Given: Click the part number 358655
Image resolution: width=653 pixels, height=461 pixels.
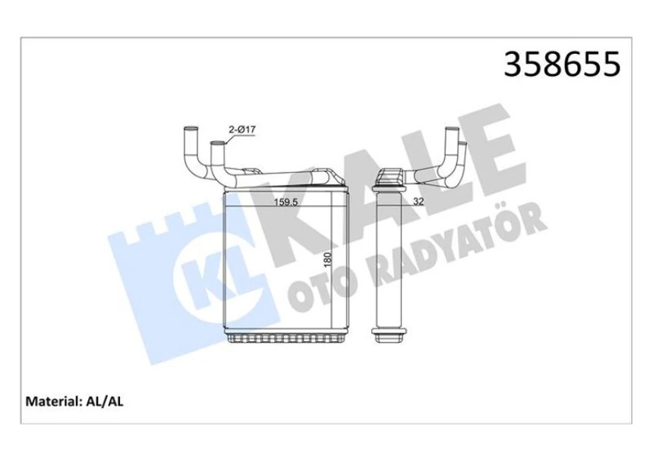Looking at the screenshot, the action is pyautogui.click(x=562, y=64).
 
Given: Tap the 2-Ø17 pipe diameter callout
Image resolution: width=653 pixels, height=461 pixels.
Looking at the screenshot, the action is pyautogui.click(x=242, y=130).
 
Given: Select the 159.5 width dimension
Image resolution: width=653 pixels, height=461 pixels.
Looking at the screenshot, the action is pyautogui.click(x=285, y=202).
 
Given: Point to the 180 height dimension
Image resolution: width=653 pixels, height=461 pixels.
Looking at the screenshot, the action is pyautogui.click(x=327, y=260).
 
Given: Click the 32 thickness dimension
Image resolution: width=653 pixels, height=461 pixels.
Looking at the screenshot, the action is pyautogui.click(x=418, y=202).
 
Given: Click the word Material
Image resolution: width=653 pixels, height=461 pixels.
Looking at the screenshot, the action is pyautogui.click(x=52, y=402).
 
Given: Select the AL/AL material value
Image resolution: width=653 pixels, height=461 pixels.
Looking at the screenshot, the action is pyautogui.click(x=105, y=402).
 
